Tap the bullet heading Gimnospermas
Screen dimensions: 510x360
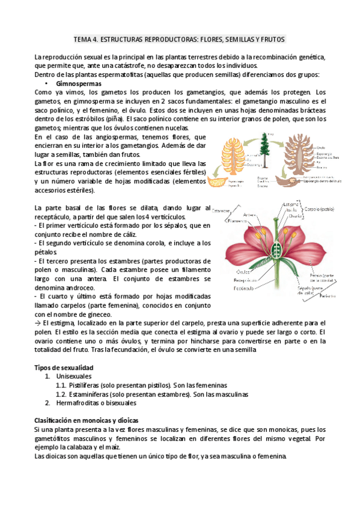coord(75,83)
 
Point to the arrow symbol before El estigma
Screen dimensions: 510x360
coord(38,323)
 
